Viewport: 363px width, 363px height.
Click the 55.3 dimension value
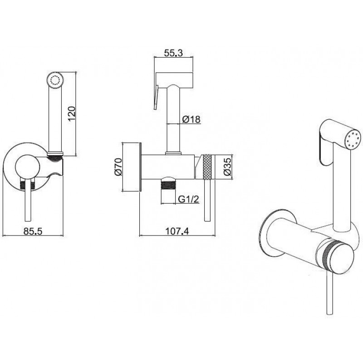pyautogui.click(x=173, y=53)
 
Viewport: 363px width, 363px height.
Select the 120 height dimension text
pyautogui.click(x=72, y=113)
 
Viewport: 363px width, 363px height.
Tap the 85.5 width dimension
pyautogui.click(x=33, y=231)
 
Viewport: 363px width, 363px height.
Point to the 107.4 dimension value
pyautogui.click(x=177, y=231)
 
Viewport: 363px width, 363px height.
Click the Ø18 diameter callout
pyautogui.click(x=191, y=119)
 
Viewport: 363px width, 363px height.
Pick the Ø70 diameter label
pyautogui.click(x=118, y=167)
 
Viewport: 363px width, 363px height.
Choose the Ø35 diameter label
pyautogui.click(x=228, y=167)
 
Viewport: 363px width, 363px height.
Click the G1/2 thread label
pyautogui.click(x=189, y=199)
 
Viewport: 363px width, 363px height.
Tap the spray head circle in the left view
pyautogui.click(x=55, y=80)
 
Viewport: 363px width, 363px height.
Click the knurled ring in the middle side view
pyautogui.click(x=207, y=167)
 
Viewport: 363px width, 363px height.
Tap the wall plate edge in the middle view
pyautogui.click(x=140, y=167)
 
